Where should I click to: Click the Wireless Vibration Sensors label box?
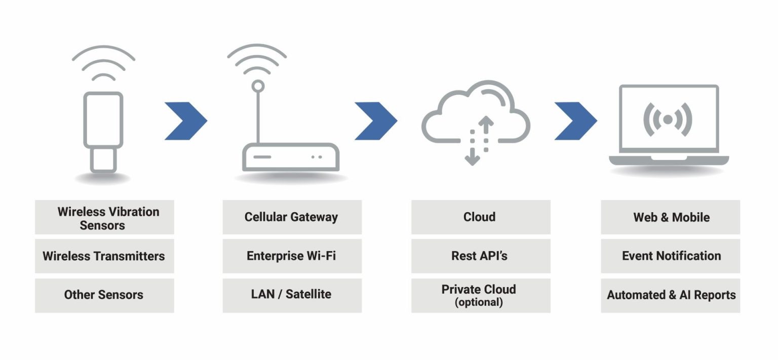pyautogui.click(x=104, y=217)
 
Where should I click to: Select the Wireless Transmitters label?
pyautogui.click(x=104, y=256)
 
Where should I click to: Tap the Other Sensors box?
pyautogui.click(x=104, y=295)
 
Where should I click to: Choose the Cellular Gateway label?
pyautogui.click(x=292, y=217)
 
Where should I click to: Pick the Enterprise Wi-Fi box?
pyautogui.click(x=292, y=256)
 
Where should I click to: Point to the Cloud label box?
pyautogui.click(x=480, y=217)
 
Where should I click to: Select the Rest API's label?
pyautogui.click(x=480, y=256)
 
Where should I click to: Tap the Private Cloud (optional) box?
pyautogui.click(x=480, y=295)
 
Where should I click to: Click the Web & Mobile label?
pyautogui.click(x=671, y=217)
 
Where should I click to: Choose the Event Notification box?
pyautogui.click(x=671, y=256)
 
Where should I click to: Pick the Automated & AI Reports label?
pyautogui.click(x=671, y=295)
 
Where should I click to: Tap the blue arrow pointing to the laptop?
pyautogui.click(x=576, y=121)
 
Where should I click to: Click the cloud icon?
pyautogui.click(x=476, y=114)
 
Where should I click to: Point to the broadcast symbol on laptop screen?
pyautogui.click(x=668, y=119)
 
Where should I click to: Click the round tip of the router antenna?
pyautogui.click(x=258, y=86)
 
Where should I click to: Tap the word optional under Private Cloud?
pyautogui.click(x=479, y=303)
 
